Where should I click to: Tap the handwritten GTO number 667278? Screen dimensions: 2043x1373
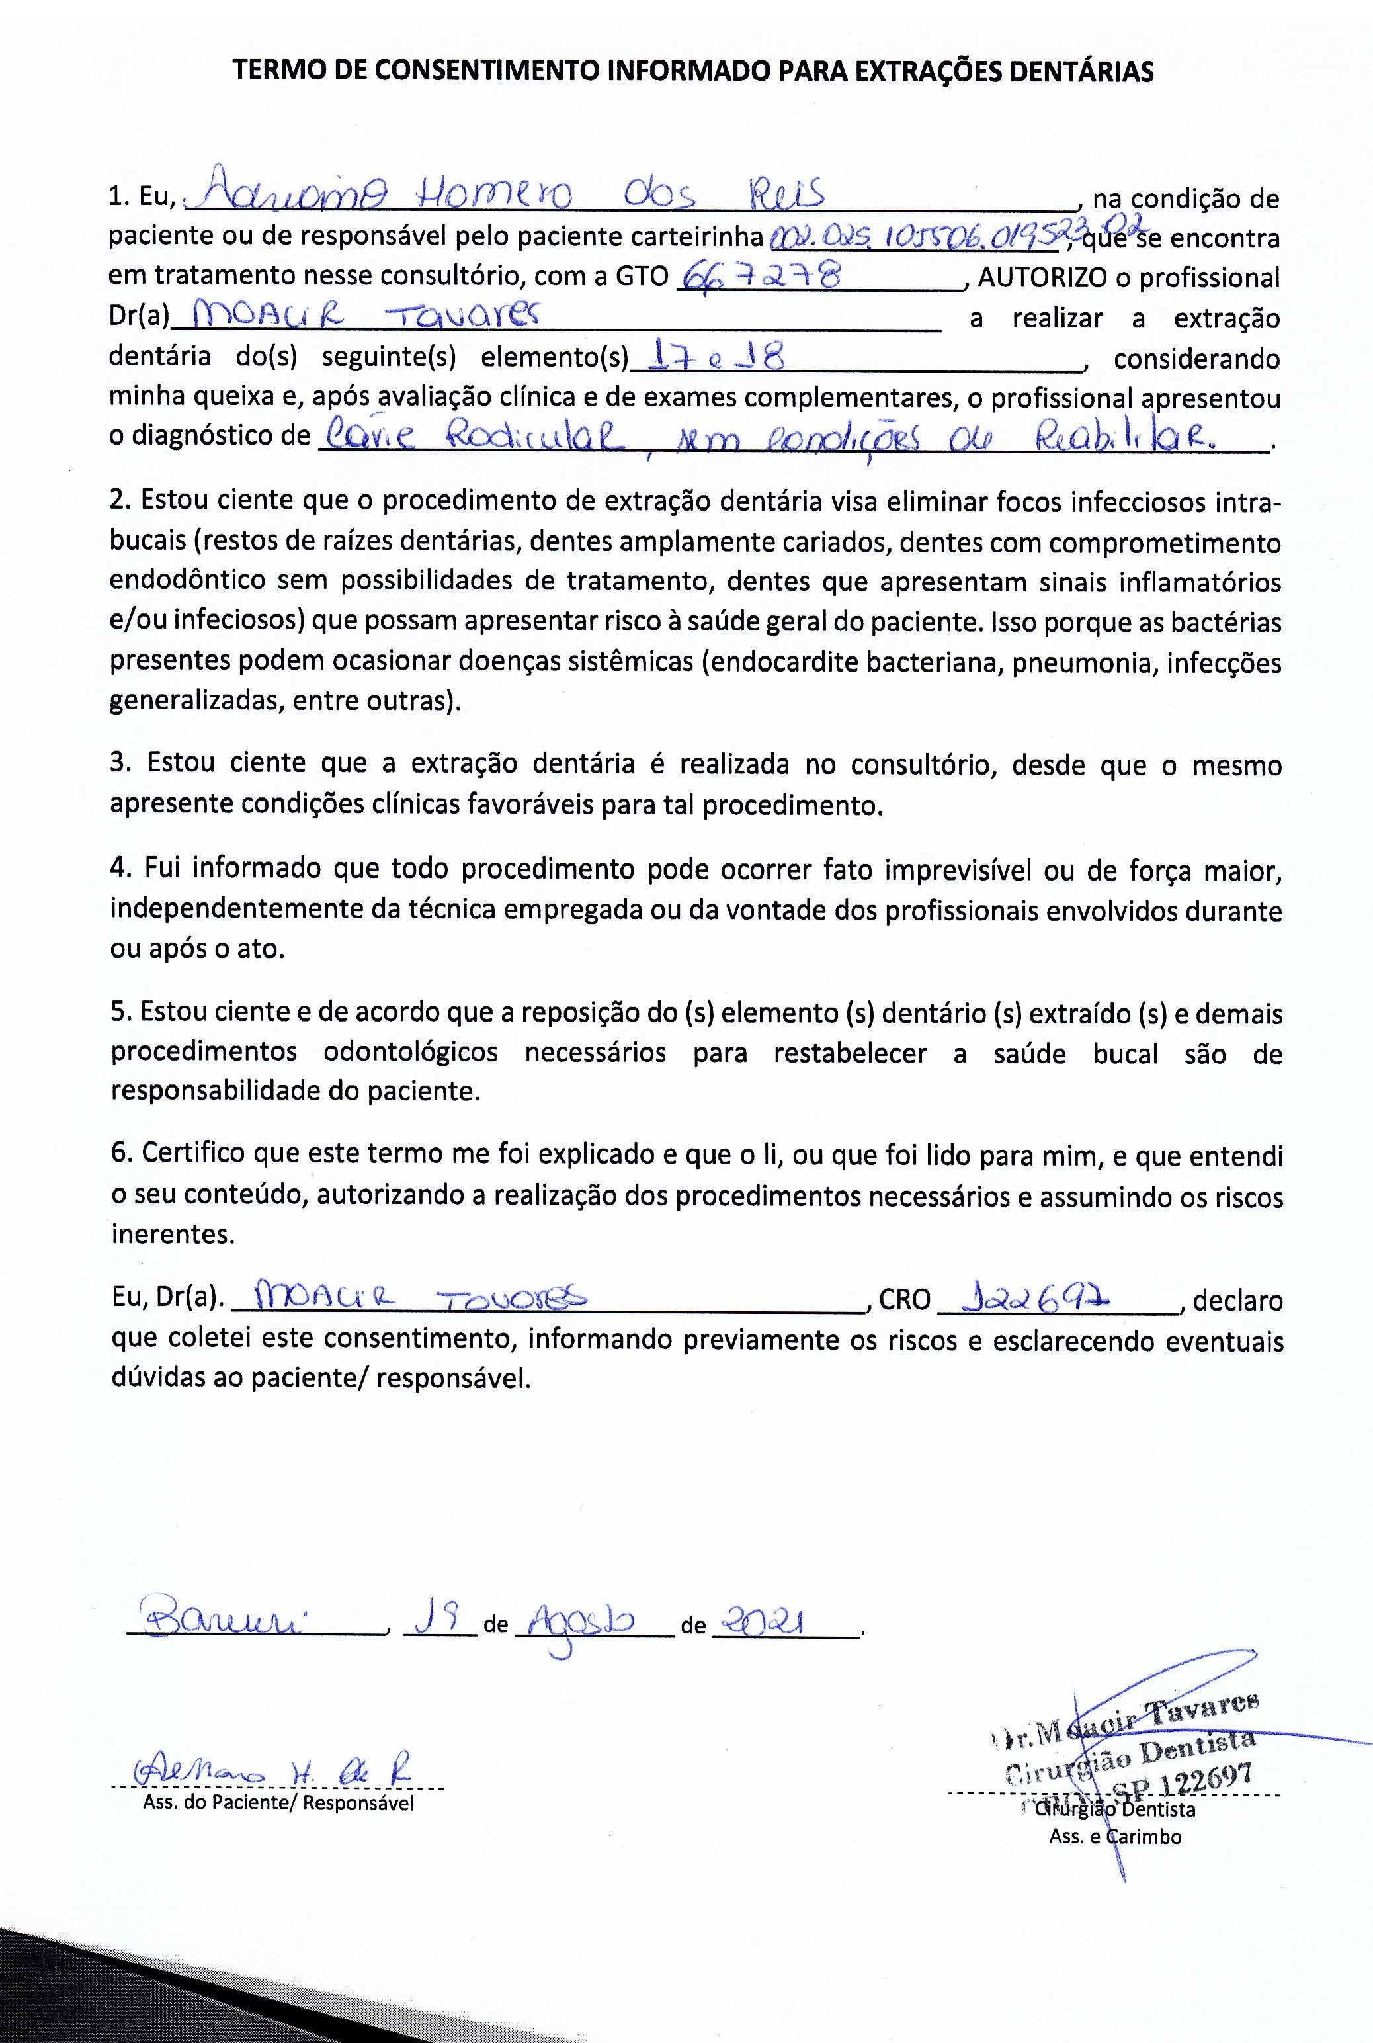tap(760, 277)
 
